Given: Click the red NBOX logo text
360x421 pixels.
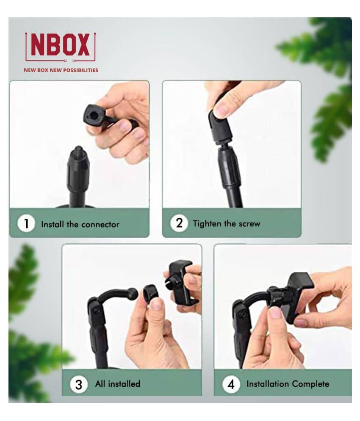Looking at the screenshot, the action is coord(60,45).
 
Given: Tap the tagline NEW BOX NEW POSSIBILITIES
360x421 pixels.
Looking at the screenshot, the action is coord(61,70).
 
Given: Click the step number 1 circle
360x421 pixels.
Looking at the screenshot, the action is coord(26,223).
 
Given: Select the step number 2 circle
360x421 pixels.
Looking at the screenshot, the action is coord(179,223).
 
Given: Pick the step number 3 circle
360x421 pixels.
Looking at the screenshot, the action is coord(78,384).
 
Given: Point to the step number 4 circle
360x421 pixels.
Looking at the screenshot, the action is coord(231,384).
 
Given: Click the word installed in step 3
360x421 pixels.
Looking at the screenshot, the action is coord(124,384).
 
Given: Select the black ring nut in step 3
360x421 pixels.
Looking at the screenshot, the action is coord(151,293).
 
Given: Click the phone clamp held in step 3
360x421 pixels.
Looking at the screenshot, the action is coord(180,282).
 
